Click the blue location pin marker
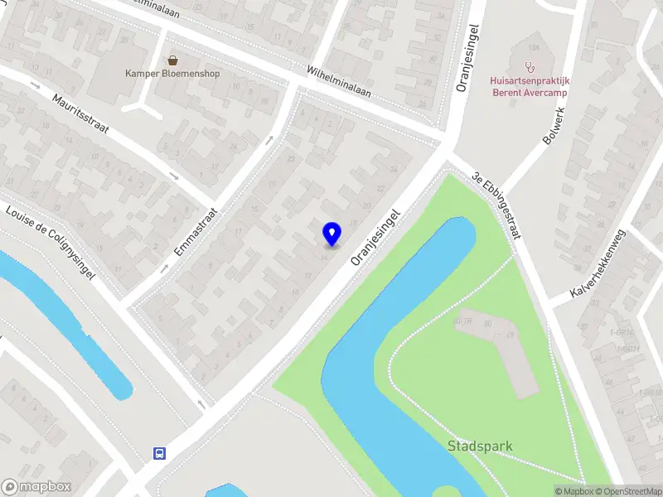[x=331, y=234]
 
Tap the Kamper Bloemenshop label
[x=172, y=73]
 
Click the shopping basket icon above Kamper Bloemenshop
[x=172, y=60]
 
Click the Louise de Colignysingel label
[x=51, y=241]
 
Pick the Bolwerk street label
[x=554, y=127]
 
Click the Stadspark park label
[x=480, y=446]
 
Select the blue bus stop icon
[x=158, y=453]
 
